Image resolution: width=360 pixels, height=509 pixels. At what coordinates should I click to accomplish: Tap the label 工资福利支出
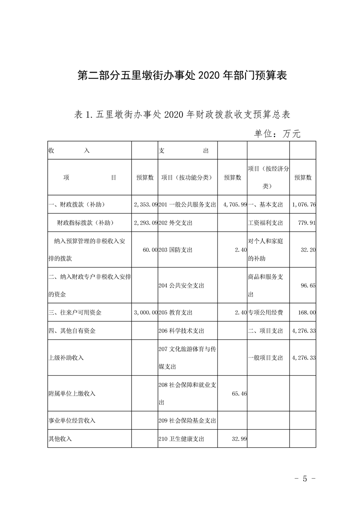tap(266, 223)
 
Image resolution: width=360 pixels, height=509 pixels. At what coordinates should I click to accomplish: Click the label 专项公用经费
tap(266, 313)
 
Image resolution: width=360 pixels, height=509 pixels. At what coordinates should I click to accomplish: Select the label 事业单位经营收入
tap(72, 421)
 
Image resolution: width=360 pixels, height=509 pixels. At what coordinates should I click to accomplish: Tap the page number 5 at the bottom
tap(305, 479)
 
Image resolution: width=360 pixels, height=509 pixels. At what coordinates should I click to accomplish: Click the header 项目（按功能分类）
tap(187, 178)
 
